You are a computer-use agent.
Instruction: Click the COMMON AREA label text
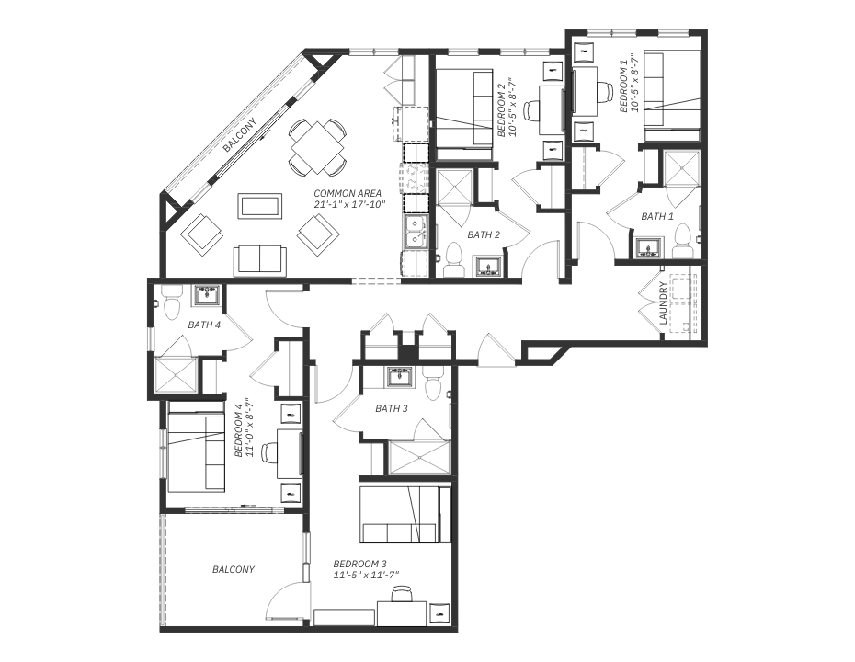point(348,194)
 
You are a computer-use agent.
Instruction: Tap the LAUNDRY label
point(663,303)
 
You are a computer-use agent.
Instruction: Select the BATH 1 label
point(657,216)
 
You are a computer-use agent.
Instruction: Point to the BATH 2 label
point(484,235)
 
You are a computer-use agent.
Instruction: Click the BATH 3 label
point(392,408)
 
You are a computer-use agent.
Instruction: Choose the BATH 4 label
point(204,325)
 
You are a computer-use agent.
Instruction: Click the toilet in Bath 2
point(453,259)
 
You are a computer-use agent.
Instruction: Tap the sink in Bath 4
point(207,295)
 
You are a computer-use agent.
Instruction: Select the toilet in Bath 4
point(172,303)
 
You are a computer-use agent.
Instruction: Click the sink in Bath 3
point(402,377)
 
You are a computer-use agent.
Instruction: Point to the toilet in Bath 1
point(683,241)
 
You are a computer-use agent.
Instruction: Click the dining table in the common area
point(317,148)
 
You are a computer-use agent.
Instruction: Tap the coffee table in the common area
point(260,206)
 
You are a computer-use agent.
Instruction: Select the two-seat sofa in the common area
point(259,260)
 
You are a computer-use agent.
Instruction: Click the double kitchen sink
point(416,231)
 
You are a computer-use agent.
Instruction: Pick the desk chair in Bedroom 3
point(403,593)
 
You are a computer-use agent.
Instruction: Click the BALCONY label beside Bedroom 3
point(234,569)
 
